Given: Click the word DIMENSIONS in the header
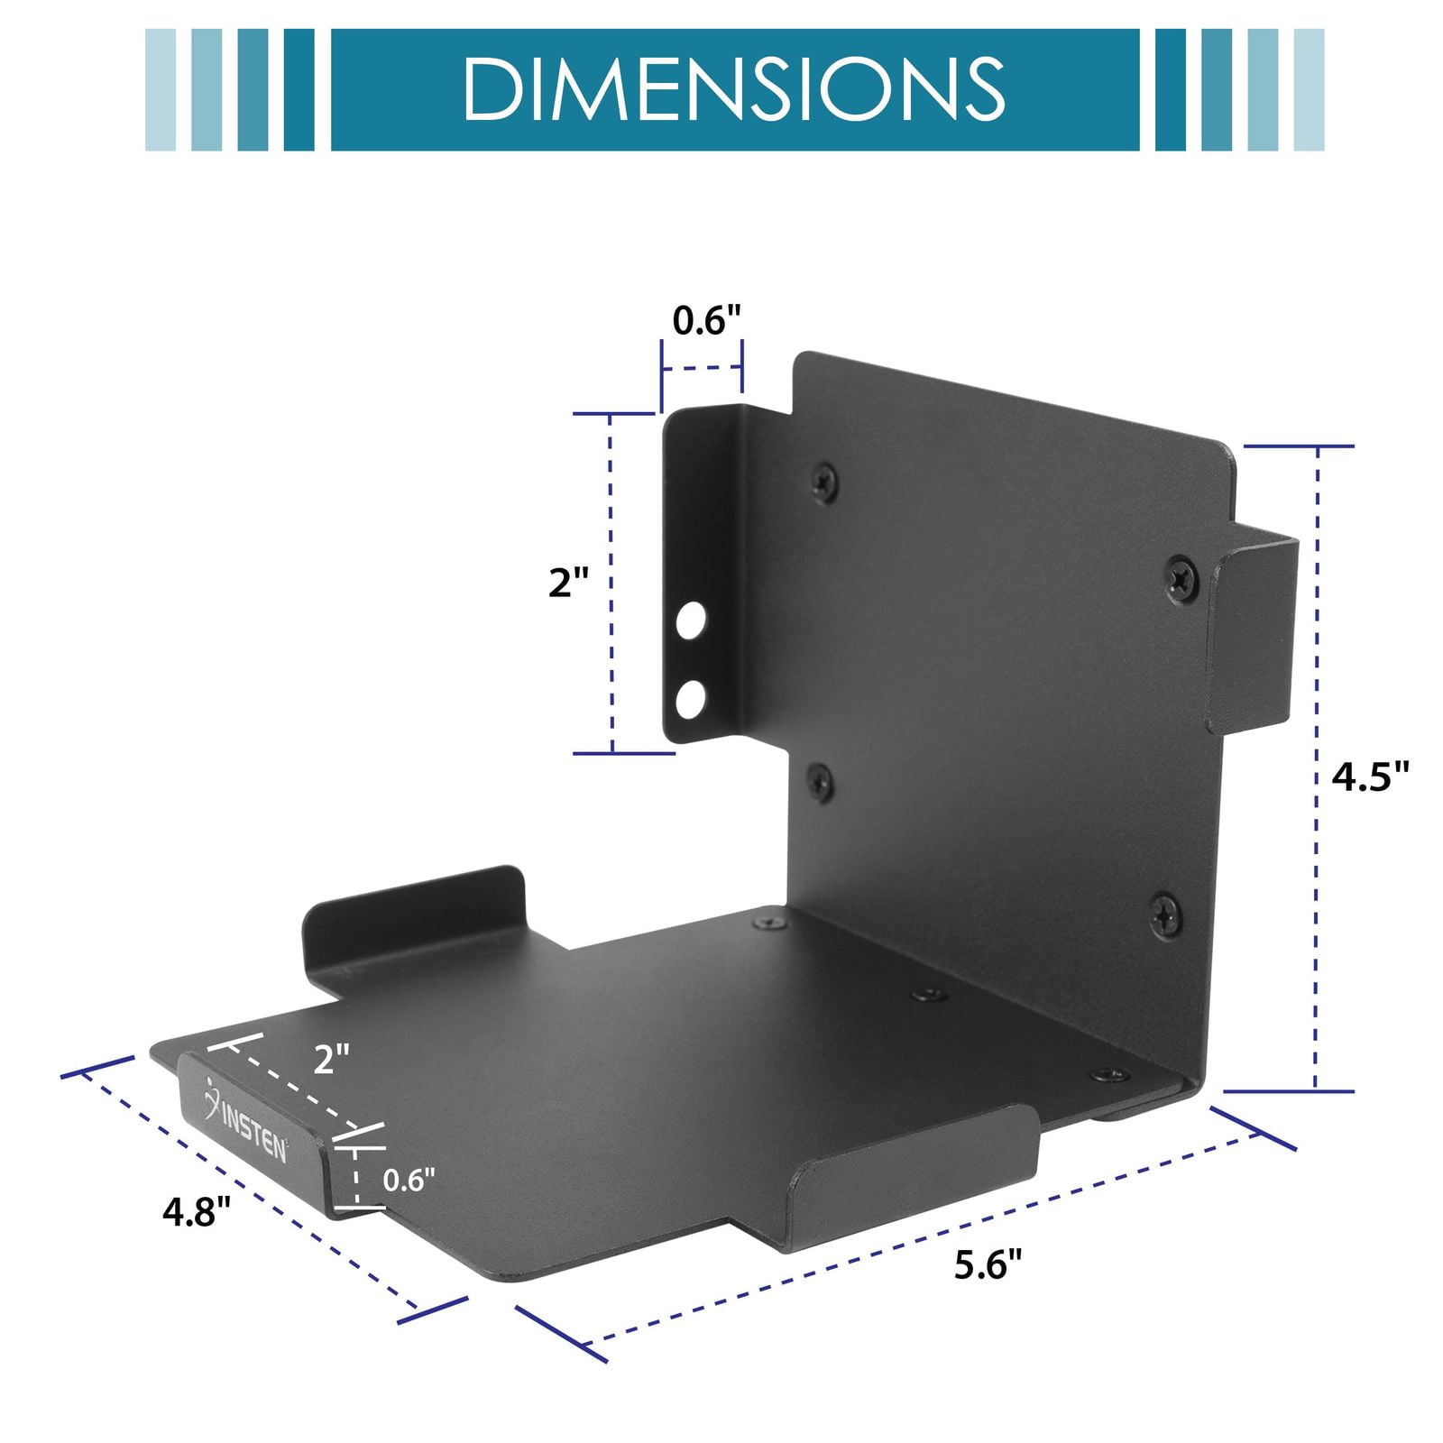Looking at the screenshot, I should point(733,89).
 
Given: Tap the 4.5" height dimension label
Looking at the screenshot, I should point(1370,776).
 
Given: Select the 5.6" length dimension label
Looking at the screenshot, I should point(988,1265).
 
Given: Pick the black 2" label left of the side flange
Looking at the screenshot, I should point(568,583).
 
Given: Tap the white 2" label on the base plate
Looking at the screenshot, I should point(331,1059).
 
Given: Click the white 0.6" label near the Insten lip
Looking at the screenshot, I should point(409,1180).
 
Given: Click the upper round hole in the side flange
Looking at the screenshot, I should point(691,621).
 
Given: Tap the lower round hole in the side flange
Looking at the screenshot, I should point(691,699).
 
